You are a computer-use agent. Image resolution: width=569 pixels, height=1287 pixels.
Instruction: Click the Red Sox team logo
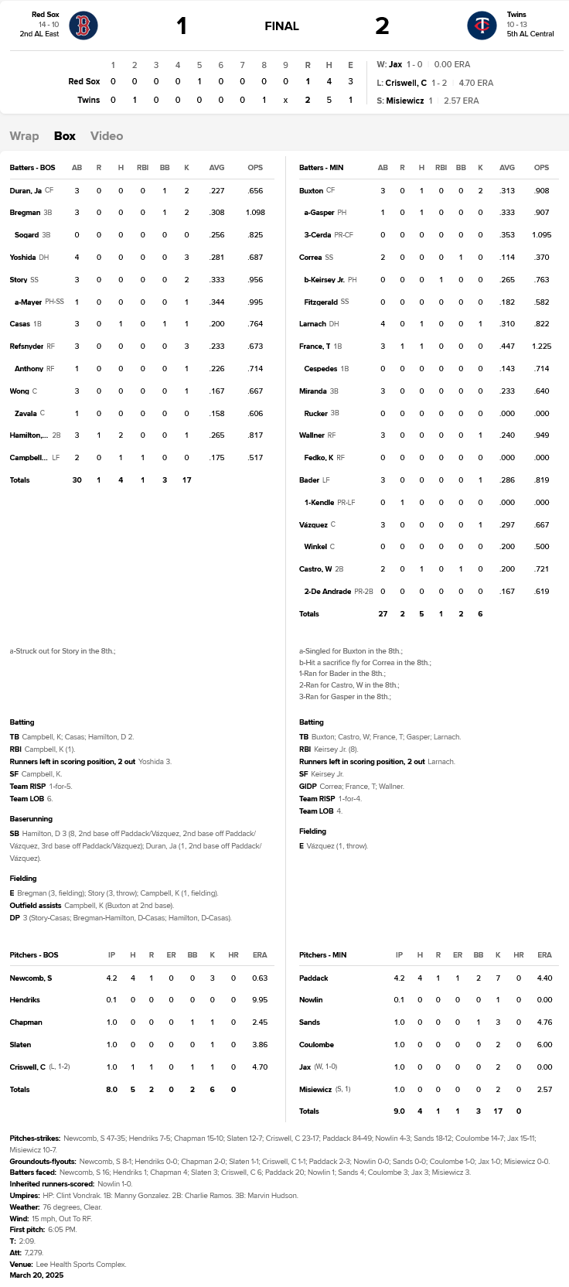point(83,26)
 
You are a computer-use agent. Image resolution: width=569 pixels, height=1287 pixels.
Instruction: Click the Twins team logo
point(482,26)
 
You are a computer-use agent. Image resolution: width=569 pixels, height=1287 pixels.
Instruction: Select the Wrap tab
point(24,136)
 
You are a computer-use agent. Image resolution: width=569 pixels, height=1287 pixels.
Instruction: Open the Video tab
point(107,136)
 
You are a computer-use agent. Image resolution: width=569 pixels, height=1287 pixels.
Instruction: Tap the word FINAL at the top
point(281,26)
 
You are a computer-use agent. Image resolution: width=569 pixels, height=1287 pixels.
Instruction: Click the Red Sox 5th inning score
point(199,81)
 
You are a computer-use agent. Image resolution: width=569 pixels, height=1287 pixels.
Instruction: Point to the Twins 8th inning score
point(264,100)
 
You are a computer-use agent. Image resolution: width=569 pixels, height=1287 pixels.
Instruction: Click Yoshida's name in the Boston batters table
point(22,258)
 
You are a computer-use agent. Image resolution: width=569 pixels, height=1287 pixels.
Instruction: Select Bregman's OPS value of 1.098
point(255,213)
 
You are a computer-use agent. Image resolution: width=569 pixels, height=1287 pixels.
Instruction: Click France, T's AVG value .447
point(507,346)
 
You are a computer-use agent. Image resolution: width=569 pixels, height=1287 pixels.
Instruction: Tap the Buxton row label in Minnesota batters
point(311,190)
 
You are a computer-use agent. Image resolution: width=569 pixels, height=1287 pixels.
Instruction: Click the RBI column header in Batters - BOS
point(142,168)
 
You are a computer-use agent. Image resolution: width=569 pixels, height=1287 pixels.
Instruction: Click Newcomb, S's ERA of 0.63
point(260,978)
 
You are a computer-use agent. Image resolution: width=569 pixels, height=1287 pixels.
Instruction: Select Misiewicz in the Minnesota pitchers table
point(316,1089)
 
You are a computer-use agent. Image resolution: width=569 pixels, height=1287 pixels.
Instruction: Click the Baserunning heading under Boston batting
point(31,818)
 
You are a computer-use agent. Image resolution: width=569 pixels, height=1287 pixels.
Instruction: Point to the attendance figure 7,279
point(33,1252)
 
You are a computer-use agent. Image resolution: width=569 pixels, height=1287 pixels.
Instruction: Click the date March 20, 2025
point(36,1275)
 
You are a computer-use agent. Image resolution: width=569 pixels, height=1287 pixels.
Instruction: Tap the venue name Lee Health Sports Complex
point(81,1264)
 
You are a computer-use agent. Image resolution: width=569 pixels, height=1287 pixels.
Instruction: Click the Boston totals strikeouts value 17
point(186,480)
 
